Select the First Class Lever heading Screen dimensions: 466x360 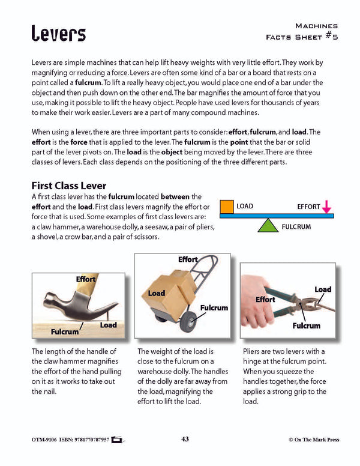pos(74,186)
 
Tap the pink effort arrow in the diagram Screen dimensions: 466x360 pos(326,207)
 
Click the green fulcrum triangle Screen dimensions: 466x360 pos(268,225)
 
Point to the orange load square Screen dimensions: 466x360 pos(226,207)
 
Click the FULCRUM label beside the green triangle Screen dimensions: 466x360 pos(296,228)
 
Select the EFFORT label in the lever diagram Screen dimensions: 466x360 pos(308,207)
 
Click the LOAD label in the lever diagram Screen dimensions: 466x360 pos(245,207)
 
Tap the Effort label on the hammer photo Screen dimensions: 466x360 pos(86,279)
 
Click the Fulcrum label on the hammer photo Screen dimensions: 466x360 pos(65,331)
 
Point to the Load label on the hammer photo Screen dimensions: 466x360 pos(108,325)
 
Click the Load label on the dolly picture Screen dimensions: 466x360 pos(157,293)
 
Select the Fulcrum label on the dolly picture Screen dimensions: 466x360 pos(214,307)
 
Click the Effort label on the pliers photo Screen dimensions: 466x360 pos(265,299)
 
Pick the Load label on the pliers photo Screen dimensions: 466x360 pos(323,289)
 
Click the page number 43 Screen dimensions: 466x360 pos(185,440)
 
